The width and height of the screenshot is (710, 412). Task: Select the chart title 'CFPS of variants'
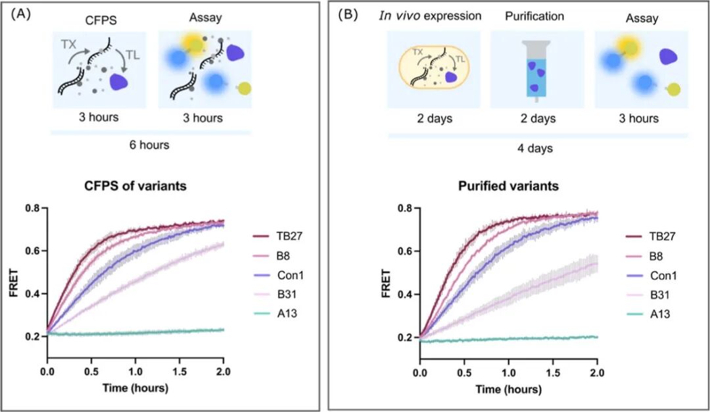(136, 186)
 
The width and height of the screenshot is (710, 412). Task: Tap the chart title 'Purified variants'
(509, 186)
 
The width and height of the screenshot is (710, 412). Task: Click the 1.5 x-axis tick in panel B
(553, 373)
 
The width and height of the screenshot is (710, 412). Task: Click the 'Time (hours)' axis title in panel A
(135, 388)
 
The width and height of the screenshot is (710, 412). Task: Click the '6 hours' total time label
(151, 145)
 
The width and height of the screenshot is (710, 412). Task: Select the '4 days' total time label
(536, 148)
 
